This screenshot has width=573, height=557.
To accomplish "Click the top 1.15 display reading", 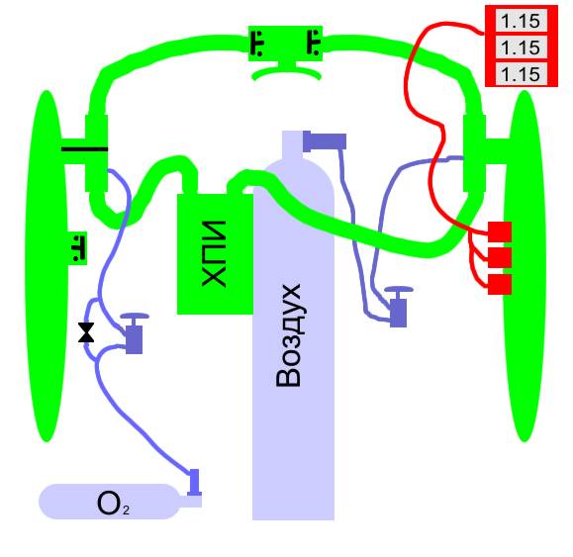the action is pos(521,21).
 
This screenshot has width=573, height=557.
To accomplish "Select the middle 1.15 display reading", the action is pos(521,47).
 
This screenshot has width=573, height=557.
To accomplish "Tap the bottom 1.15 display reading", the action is pos(521,74).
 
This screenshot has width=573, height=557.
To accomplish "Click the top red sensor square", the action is pos(500,232).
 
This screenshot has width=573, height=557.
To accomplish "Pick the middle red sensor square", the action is pos(500,258).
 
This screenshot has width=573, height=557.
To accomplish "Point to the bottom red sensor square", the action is pos(500,284).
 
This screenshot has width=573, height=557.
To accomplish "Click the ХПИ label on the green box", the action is pos(214,253).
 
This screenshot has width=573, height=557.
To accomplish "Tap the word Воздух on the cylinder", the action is pos(289,335).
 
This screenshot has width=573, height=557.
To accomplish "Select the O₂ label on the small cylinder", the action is pos(113,503).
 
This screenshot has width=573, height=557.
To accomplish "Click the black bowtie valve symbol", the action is pos(86,332).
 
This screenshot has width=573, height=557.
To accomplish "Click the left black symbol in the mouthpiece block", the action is pos(257,44).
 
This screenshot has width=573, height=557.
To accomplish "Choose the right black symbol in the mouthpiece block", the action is pos(314,43).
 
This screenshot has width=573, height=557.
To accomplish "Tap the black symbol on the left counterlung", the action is pos(77,248).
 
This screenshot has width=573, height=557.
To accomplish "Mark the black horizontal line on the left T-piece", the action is pos(84,149).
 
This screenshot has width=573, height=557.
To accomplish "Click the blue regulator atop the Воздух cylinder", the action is pos(325,141).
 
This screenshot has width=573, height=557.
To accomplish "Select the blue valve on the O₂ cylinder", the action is pos(194,483).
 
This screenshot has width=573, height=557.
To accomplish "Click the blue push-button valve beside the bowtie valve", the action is pos(135,333).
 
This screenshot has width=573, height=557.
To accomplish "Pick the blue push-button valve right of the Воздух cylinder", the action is pos(398,307).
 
